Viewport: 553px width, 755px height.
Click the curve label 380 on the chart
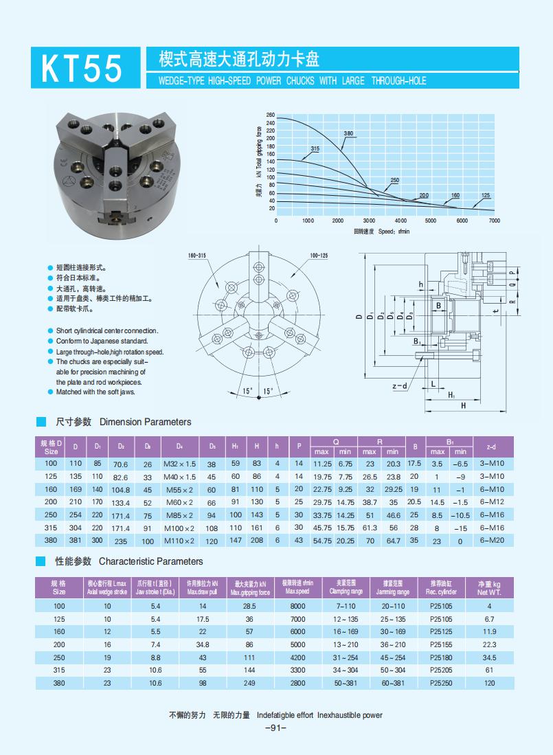click(x=348, y=133)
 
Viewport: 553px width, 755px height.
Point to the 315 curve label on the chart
click(x=315, y=148)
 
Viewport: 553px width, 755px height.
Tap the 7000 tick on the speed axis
click(x=494, y=221)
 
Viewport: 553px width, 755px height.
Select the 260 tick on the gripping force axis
click(x=271, y=115)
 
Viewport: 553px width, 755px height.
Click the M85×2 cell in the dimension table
click(x=179, y=515)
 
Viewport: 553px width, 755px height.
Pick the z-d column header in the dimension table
click(x=491, y=447)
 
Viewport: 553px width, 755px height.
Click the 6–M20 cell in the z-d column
click(x=492, y=541)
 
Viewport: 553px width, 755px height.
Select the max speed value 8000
click(x=297, y=606)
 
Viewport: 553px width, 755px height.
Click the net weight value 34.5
click(x=489, y=657)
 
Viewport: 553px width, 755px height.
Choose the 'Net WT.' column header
click(x=489, y=587)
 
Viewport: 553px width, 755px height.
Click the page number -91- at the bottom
click(x=275, y=728)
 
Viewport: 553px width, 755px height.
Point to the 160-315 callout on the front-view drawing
click(x=197, y=256)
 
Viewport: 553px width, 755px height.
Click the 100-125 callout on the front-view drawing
click(x=319, y=256)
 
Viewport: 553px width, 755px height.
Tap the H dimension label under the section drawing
click(x=464, y=406)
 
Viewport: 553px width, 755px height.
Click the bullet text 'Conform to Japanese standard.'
click(x=102, y=341)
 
